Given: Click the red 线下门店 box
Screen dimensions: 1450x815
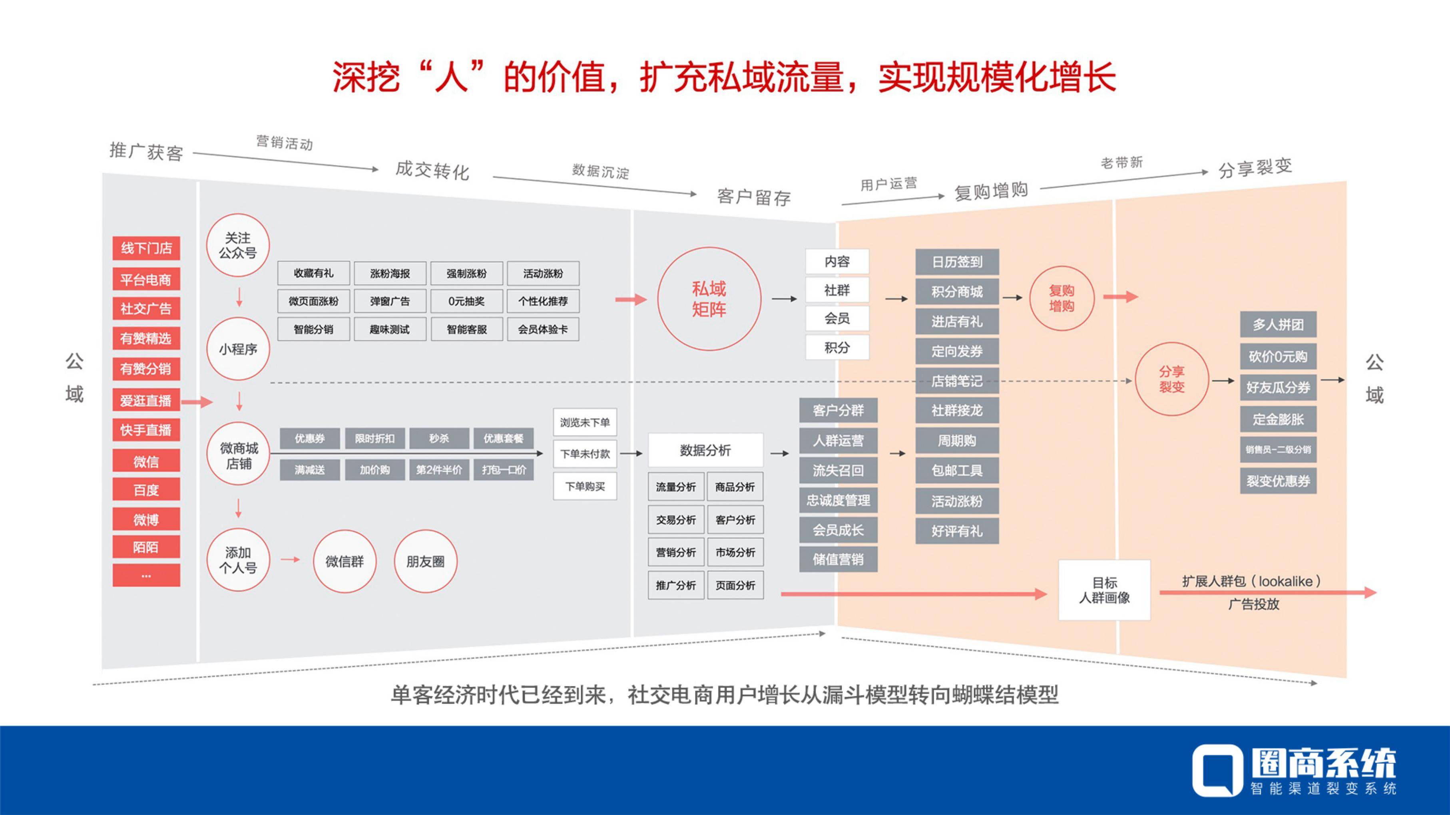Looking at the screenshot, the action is [146, 248].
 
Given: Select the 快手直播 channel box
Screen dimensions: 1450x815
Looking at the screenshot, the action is [146, 430].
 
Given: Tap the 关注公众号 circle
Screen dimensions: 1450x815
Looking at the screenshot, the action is [238, 245].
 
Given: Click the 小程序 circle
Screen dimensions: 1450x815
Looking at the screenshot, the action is [238, 349].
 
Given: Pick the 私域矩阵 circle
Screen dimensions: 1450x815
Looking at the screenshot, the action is [709, 299].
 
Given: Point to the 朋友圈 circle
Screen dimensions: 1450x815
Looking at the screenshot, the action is [426, 561].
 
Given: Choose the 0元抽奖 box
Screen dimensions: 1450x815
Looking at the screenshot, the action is [467, 301].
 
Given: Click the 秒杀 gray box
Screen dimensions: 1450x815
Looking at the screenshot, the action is [439, 438].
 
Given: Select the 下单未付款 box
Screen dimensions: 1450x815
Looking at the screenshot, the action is [585, 454].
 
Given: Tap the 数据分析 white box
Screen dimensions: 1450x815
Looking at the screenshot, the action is [705, 450].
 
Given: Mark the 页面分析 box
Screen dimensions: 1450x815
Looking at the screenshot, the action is [735, 585].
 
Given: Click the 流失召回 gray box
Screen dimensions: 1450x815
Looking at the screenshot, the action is [838, 471].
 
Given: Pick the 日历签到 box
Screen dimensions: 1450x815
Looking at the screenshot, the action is [957, 262].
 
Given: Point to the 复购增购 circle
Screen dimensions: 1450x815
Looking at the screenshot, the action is [1062, 298].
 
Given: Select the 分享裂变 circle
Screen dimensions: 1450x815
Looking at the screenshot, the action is [1172, 380].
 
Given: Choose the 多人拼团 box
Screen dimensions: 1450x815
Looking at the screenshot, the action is [1278, 325].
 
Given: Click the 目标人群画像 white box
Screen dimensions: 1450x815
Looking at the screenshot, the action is [1104, 590].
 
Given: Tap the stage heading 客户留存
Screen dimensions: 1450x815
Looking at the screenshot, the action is [754, 197].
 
